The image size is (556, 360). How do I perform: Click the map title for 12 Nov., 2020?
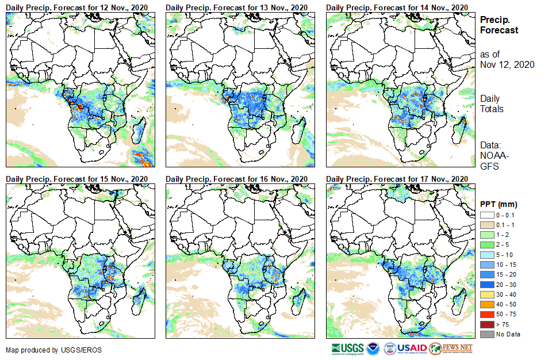77,6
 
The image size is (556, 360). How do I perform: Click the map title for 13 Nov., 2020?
237,6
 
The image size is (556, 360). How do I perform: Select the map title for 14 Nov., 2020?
397,6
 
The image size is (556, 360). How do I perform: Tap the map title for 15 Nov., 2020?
77,179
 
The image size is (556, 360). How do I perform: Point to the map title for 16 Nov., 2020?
237,179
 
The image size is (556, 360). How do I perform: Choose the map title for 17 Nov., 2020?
397,179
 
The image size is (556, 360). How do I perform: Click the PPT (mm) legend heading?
499,204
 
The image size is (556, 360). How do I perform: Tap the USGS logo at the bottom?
347,348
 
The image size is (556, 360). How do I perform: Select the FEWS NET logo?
451,348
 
